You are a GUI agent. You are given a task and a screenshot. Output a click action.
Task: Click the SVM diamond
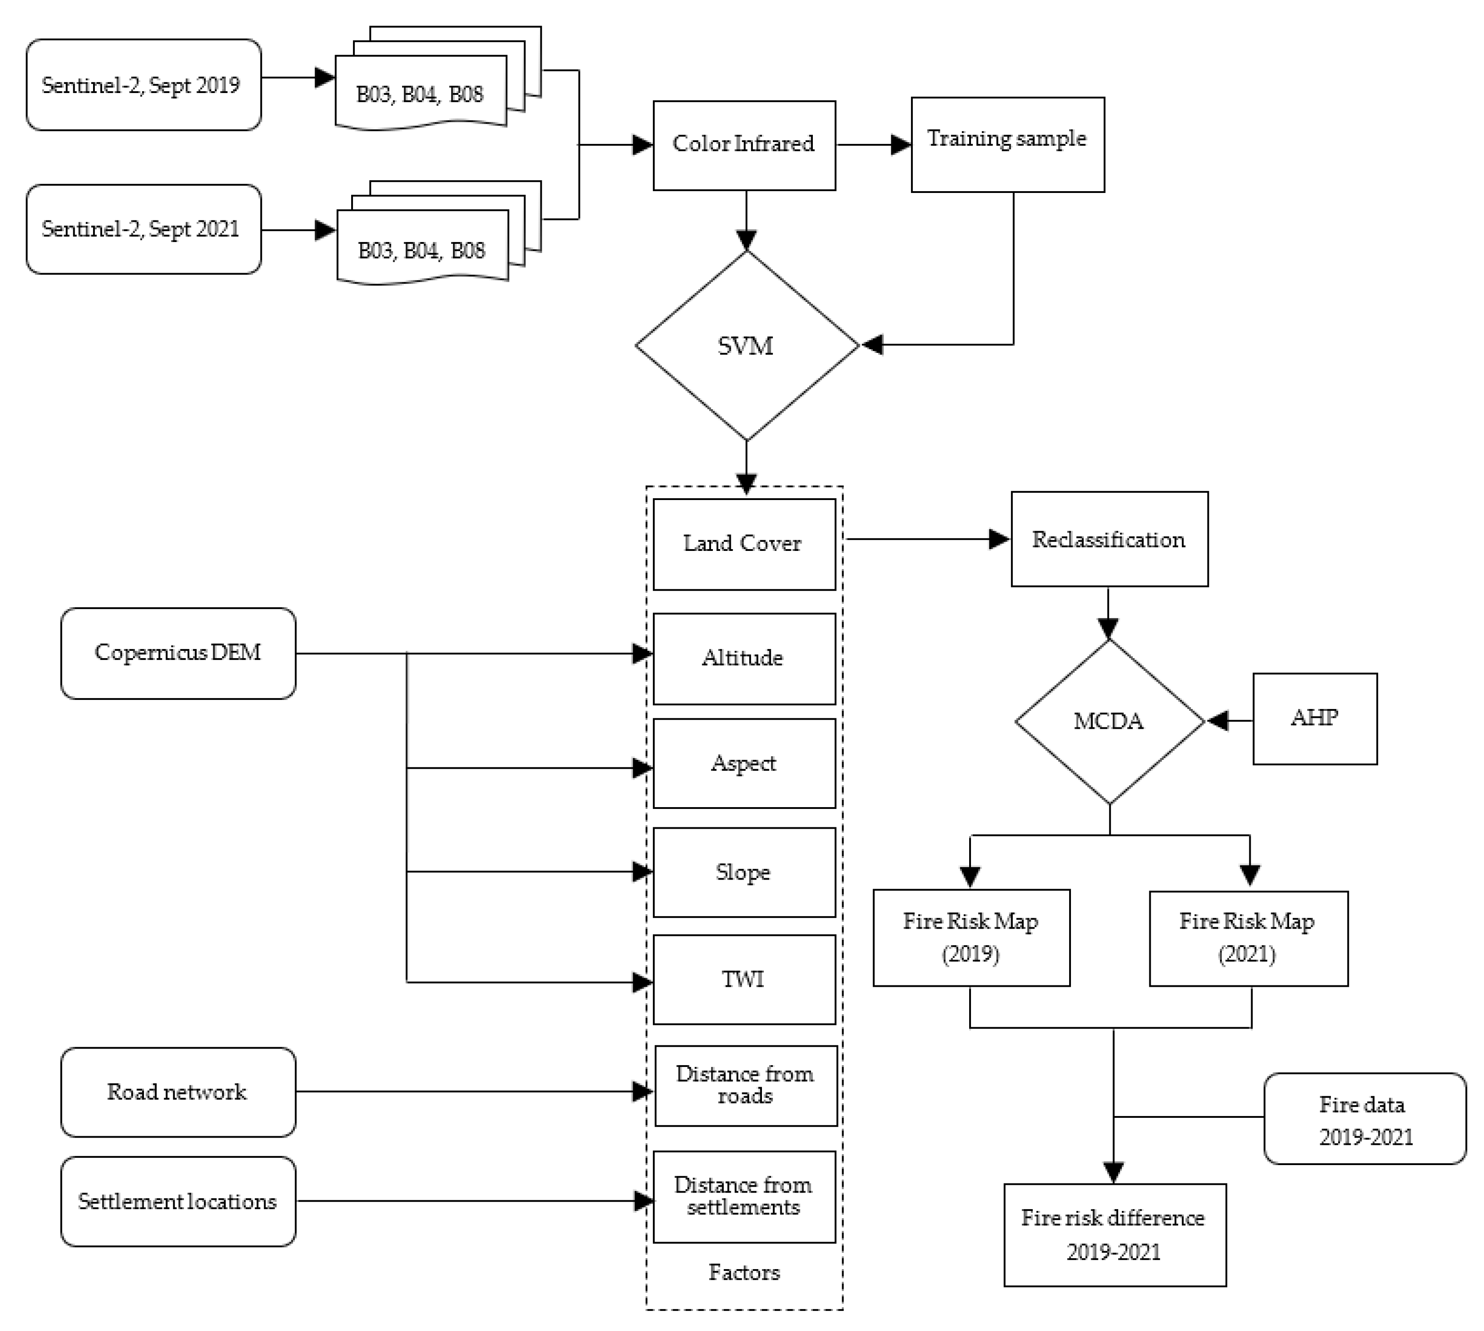point(746,345)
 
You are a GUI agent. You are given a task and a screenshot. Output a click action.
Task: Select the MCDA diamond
point(1109,721)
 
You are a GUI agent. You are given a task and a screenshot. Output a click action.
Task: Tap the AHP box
point(1314,718)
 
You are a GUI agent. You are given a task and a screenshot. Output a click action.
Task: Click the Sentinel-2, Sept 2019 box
point(143,85)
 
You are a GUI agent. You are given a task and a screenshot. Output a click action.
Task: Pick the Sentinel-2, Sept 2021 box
point(143,229)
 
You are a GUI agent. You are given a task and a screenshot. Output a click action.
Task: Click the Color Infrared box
point(744,145)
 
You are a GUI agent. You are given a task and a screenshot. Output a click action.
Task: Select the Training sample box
point(1007,144)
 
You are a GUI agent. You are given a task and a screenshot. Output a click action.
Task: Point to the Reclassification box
point(1109,539)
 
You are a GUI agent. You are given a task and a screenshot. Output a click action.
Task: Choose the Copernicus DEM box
point(178,652)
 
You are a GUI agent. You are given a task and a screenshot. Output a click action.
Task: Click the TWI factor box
point(744,979)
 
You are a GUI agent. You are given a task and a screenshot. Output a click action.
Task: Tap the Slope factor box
point(744,872)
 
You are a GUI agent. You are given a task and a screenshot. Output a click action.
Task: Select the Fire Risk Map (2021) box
point(1248,938)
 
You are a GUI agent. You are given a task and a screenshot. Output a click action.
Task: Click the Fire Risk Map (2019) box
point(971,938)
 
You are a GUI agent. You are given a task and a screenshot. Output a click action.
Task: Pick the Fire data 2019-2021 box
point(1365,1119)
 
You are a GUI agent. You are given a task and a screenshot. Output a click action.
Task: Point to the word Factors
point(744,1272)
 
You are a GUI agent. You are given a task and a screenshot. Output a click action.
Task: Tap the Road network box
point(178,1092)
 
